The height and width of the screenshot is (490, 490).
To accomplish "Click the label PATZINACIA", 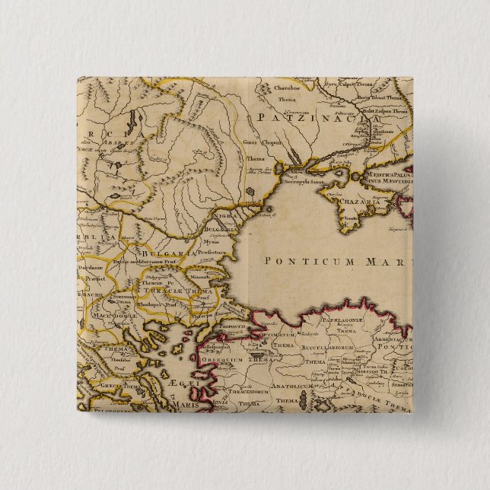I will pos(317,118).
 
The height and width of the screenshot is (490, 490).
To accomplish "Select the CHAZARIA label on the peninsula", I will pos(361,202).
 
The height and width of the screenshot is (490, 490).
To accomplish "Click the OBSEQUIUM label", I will pos(242,359).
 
